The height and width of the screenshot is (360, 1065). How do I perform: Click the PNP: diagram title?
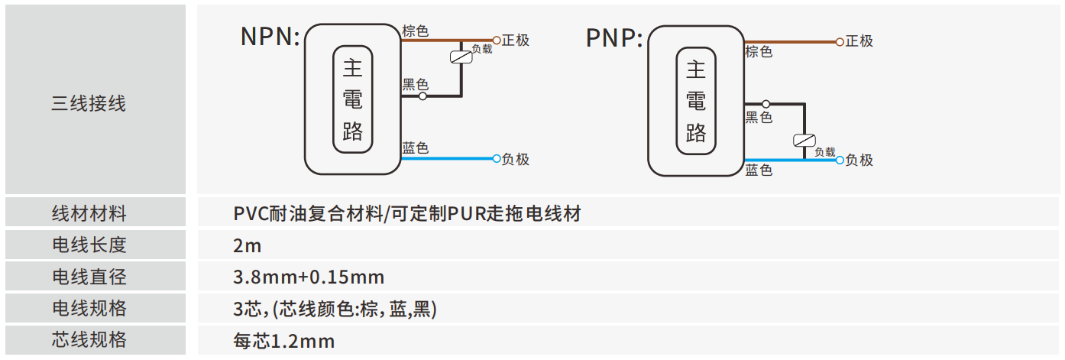pos(614,38)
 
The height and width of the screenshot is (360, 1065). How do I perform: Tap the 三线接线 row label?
pos(89,104)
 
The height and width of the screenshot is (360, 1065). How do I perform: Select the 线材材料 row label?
pos(89,213)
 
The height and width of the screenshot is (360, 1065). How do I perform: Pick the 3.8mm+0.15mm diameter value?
pos(309,277)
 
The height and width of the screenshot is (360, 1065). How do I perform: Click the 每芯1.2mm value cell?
pos(284,341)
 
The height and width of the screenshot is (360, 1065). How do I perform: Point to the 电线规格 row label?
pos(89,308)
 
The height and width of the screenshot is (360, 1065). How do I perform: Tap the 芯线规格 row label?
pos(89,340)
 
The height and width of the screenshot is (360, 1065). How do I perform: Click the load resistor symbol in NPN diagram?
pos(460,56)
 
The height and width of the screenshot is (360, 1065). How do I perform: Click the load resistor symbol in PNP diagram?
pos(804,141)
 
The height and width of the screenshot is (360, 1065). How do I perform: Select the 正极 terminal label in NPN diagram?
pos(516,41)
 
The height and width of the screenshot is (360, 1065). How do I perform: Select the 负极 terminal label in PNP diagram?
pos(859,161)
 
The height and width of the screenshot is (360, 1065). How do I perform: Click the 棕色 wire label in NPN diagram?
pos(415,31)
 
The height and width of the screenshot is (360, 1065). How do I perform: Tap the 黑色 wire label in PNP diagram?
pos(759,117)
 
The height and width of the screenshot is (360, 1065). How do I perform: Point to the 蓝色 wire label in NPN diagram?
pos(415,148)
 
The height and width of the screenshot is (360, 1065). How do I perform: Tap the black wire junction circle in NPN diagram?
pos(422,96)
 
